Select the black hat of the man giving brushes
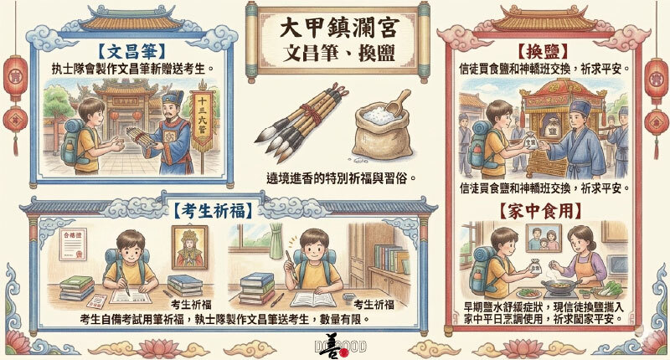[170, 102]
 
